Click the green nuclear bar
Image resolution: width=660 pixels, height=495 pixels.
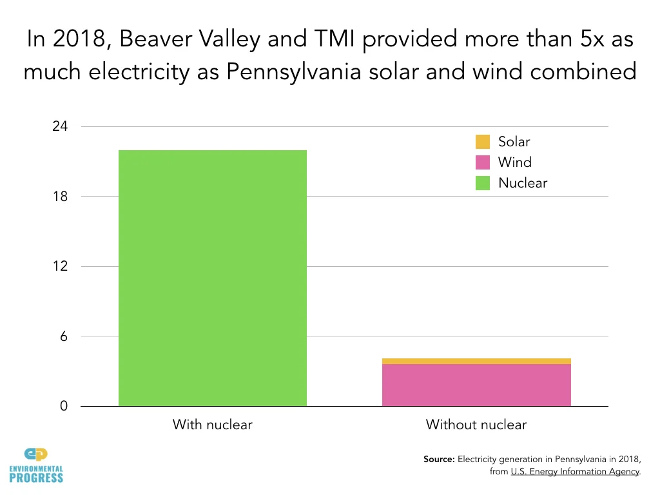point(213,278)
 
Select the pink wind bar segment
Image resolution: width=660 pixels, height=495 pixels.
point(476,385)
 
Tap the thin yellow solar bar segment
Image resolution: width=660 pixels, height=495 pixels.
point(476,361)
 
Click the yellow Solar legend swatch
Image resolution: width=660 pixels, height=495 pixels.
point(483,142)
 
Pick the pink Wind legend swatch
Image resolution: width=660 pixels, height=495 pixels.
point(483,162)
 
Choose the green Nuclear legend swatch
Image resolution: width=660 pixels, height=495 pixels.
point(483,183)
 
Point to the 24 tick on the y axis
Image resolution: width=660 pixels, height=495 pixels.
point(60,126)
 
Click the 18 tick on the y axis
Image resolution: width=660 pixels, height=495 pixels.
point(60,197)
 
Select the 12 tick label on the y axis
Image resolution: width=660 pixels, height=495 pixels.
point(60,266)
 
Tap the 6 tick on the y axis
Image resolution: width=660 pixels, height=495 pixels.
point(64,336)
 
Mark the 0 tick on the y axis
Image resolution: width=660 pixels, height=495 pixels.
point(64,407)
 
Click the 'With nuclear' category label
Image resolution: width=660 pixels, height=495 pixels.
point(212,425)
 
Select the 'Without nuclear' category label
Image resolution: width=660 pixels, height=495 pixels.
point(476,425)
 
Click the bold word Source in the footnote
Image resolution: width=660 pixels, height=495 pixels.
point(439,460)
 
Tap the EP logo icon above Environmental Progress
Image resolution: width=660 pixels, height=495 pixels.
point(36,454)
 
